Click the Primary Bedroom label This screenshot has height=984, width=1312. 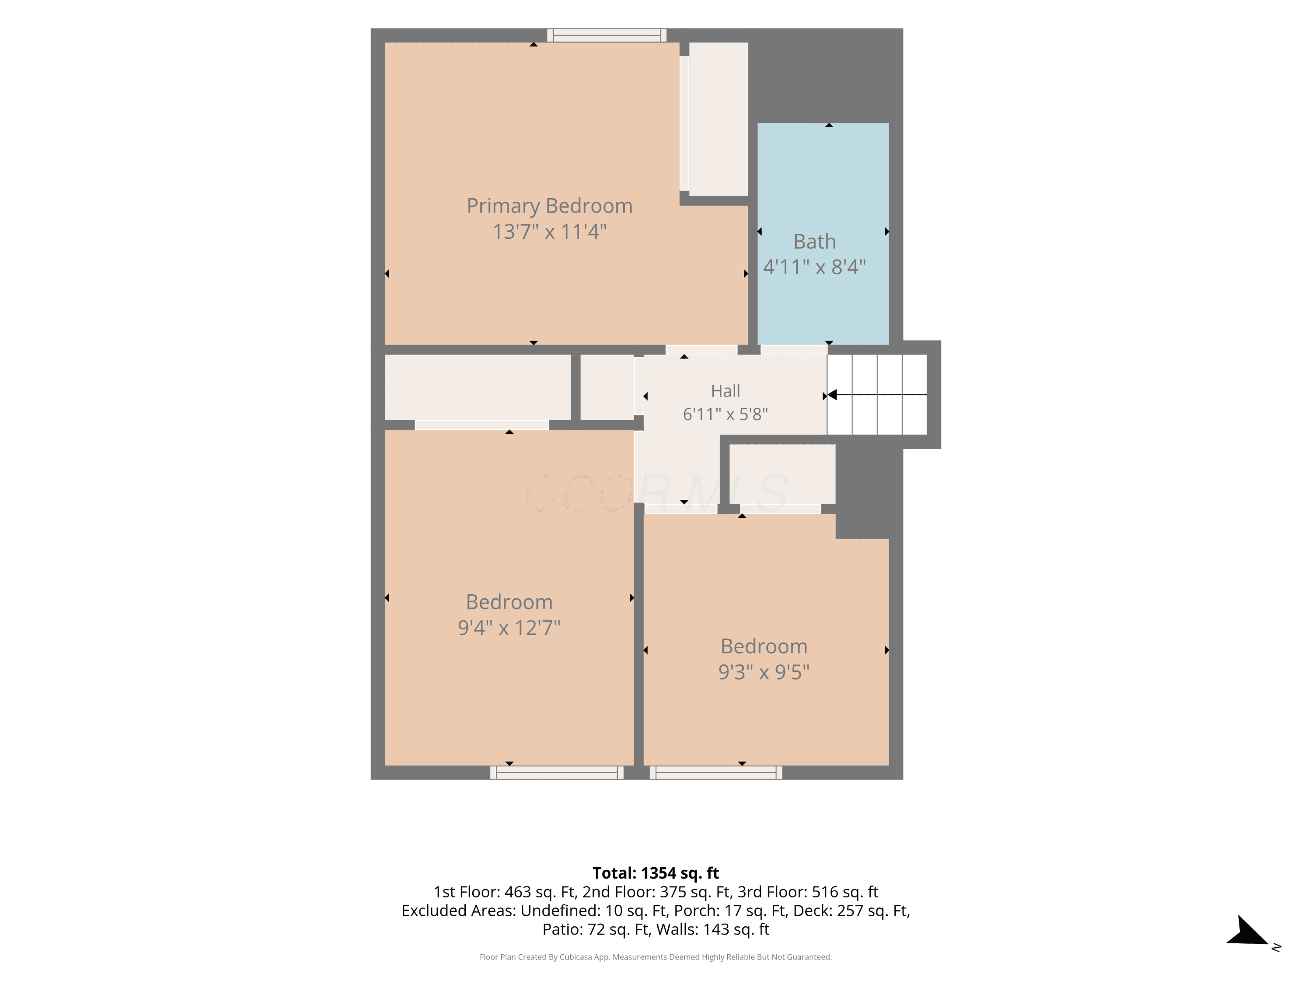coord(549,206)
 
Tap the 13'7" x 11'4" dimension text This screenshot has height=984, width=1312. coord(549,231)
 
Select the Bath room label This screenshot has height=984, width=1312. coord(814,241)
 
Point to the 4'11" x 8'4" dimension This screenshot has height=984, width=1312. coord(814,267)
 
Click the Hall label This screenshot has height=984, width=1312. coord(726,391)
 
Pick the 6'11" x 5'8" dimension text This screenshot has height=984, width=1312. coord(726,414)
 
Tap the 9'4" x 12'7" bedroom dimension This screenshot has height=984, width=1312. coord(509,627)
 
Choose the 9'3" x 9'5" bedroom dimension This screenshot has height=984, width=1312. coord(764,671)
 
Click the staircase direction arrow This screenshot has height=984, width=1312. coord(877,394)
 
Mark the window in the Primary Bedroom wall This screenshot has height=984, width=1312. coord(607,35)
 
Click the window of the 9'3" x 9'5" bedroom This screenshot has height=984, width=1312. coord(716,772)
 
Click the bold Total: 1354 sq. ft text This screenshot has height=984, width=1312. coord(656,873)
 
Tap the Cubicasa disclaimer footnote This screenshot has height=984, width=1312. coord(656,957)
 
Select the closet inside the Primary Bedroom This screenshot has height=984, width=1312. coord(718,119)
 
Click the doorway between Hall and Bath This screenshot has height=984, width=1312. coord(794,350)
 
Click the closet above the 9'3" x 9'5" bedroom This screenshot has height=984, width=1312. coord(782,474)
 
